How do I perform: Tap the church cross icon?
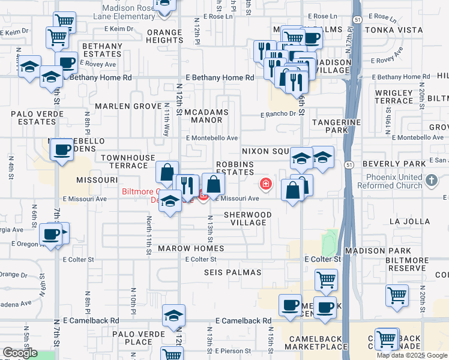[x=431, y=180]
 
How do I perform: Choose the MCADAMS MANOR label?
[x=208, y=116]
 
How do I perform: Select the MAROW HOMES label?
[x=191, y=248]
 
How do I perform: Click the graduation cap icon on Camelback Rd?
[x=173, y=314]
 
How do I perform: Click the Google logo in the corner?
[x=20, y=353]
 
